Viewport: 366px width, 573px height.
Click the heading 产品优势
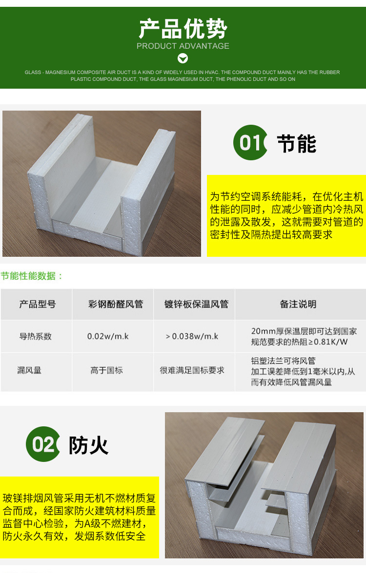(183, 29)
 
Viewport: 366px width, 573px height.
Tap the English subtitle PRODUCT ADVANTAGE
(183, 46)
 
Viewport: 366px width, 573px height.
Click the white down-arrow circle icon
(183, 58)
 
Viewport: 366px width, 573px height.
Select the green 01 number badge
(250, 143)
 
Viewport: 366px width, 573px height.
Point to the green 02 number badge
(43, 444)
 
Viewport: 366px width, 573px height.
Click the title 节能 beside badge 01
(297, 144)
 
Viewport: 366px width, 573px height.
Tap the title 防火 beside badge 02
(88, 445)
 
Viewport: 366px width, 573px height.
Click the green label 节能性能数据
(32, 276)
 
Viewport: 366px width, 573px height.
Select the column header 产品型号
(37, 305)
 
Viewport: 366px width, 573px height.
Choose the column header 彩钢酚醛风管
(116, 305)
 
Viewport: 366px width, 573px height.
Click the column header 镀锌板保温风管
(196, 305)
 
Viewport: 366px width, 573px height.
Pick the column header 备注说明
(298, 305)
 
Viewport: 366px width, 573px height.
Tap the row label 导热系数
(35, 336)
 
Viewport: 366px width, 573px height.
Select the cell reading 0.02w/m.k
(108, 336)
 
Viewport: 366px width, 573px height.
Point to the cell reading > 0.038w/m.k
(192, 336)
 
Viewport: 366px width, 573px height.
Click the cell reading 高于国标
(106, 370)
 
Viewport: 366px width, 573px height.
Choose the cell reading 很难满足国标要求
(192, 370)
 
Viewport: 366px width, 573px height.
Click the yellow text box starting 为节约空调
(286, 215)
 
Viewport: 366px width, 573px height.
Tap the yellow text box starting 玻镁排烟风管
(79, 517)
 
